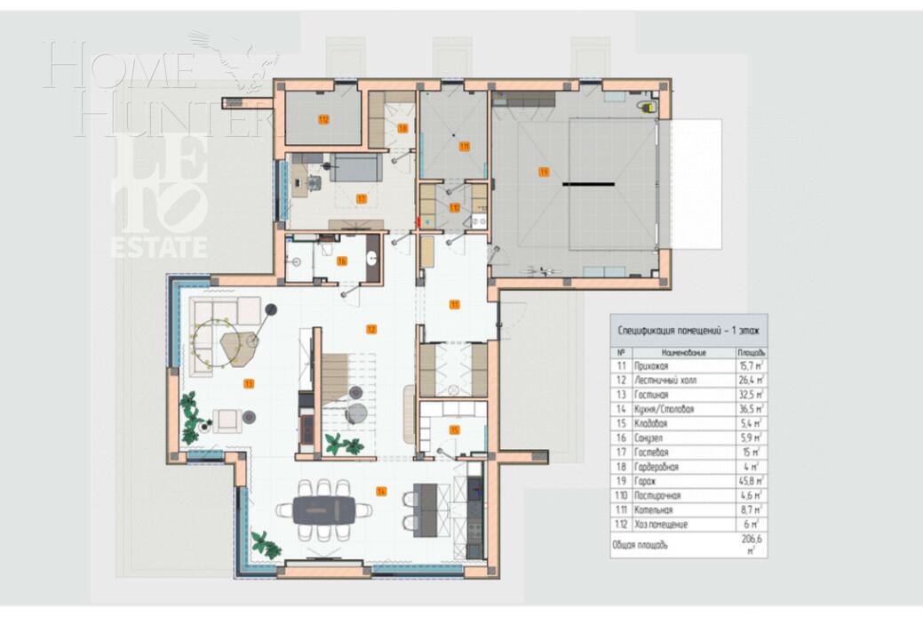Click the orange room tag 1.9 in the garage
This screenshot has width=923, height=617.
click(x=544, y=170)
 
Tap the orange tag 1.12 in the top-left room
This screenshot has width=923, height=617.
click(x=323, y=119)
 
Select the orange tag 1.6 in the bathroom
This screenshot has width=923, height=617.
click(x=341, y=260)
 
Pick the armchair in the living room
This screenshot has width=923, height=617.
click(x=227, y=419)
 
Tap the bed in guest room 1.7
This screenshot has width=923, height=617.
click(x=355, y=166)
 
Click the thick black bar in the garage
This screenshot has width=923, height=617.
click(x=587, y=183)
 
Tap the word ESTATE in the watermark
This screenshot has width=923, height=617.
click(x=159, y=247)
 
